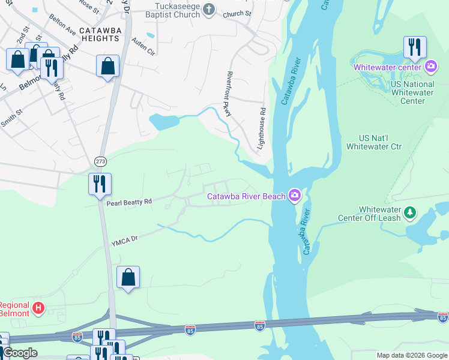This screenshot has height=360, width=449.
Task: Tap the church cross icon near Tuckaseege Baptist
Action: coord(209,9)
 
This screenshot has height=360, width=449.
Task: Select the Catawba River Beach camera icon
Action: coord(294,196)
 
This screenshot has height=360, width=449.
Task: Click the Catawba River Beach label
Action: coord(246,196)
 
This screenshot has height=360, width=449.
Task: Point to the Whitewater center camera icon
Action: coord(430,67)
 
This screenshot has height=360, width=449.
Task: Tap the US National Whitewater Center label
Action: coord(412,93)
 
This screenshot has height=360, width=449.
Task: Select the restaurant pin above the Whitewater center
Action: coord(415,48)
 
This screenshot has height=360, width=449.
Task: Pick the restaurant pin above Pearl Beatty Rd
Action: coord(100,184)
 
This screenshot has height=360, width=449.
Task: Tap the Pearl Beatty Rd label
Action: coord(129,203)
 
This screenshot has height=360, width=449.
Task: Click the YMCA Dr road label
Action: coord(124,241)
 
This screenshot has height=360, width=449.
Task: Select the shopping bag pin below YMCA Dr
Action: coord(128,278)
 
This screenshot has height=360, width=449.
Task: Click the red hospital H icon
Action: coord(38,308)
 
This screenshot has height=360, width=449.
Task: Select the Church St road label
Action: coord(232,14)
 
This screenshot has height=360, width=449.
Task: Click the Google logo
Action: coord(20,353)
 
